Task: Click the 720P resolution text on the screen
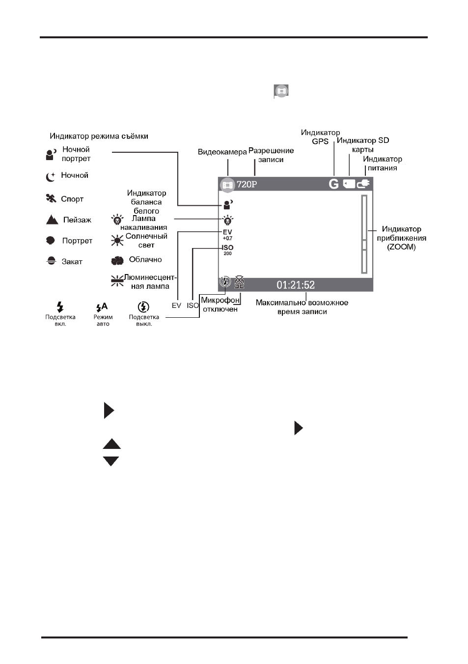(247, 184)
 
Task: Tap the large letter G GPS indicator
(333, 184)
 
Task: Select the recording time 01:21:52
(296, 285)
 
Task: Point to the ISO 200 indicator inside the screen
(228, 250)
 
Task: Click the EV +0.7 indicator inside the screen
(227, 235)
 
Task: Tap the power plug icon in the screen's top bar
(363, 184)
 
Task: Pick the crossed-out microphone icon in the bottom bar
(239, 282)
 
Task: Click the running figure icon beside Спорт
(51, 198)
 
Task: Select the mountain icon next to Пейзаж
(52, 220)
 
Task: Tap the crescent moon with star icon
(51, 177)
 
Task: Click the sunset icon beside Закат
(51, 261)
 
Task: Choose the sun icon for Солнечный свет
(117, 240)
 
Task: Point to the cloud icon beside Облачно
(117, 261)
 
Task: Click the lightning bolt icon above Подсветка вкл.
(60, 307)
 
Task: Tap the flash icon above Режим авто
(102, 307)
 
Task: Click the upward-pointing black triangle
(112, 444)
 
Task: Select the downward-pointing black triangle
(111, 461)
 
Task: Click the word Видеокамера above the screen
(222, 152)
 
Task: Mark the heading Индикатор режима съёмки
(99, 136)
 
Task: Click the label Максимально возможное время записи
(302, 307)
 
